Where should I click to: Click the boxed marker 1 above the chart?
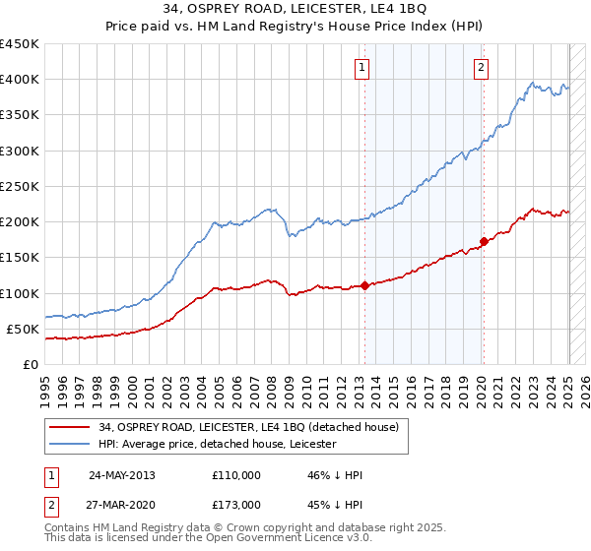click(362, 68)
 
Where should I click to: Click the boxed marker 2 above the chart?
click(481, 68)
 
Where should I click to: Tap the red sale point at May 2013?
click(364, 285)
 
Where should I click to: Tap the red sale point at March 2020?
click(484, 241)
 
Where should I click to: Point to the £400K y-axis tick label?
click(20, 80)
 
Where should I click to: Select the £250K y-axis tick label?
click(20, 186)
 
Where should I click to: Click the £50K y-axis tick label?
click(24, 329)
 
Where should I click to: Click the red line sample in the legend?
click(71, 427)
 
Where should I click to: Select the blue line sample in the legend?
click(71, 444)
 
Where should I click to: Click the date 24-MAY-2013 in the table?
click(122, 475)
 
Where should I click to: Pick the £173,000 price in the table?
click(236, 505)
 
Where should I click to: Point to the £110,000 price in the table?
click(236, 475)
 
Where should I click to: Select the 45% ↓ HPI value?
click(336, 505)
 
